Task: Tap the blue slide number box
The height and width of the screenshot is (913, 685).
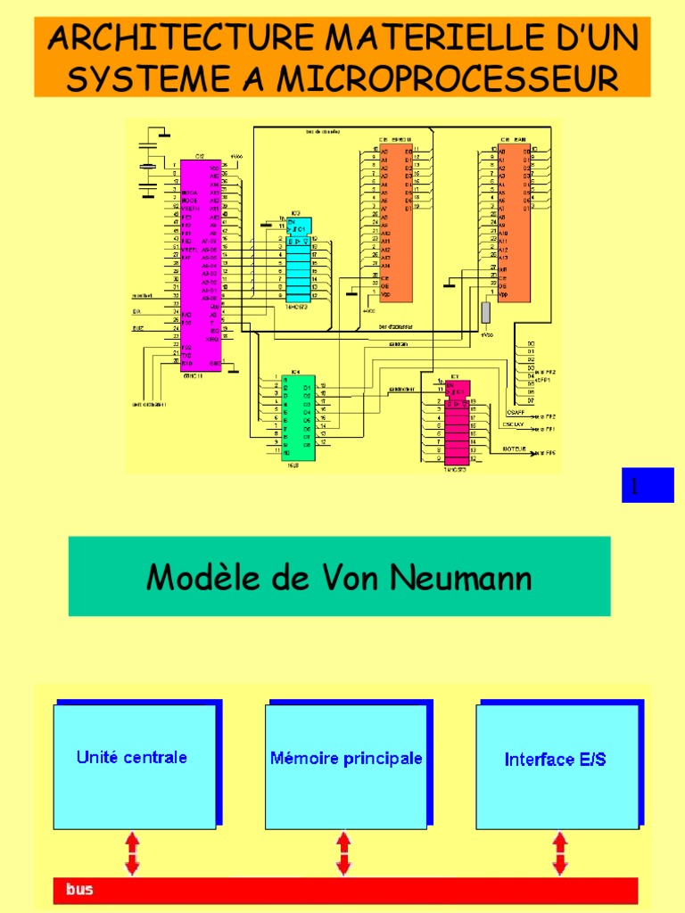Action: pos(648,485)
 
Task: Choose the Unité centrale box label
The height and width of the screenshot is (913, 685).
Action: pos(132,757)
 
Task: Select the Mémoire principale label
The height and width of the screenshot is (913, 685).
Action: pos(346,758)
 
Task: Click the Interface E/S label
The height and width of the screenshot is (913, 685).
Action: pos(555,760)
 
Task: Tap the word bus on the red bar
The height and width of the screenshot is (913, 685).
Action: pos(78,889)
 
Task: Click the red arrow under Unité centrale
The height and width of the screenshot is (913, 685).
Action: pos(132,853)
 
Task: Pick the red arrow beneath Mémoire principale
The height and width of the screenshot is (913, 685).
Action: pos(343,853)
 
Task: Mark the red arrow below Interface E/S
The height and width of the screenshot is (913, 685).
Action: pos(559,853)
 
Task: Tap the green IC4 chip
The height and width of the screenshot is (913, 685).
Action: pos(298,415)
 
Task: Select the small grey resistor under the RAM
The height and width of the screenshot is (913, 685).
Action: pos(486,312)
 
